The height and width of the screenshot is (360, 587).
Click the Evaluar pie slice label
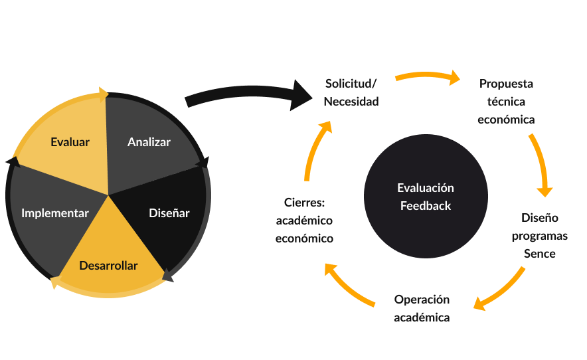(70, 142)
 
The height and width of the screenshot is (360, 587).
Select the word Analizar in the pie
(149, 142)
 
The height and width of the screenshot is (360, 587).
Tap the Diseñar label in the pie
(169, 213)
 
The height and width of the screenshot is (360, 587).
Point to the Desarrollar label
(108, 266)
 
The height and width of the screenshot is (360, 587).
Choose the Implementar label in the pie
(55, 213)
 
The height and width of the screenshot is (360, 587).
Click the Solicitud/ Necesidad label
(351, 93)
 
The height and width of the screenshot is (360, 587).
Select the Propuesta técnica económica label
(507, 102)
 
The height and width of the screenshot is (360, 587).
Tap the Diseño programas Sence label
(540, 236)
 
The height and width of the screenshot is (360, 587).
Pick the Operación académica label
(422, 308)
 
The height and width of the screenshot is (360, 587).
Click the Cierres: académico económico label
(305, 220)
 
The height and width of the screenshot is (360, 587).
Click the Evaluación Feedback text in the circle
(426, 197)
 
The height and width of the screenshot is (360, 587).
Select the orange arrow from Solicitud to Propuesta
(428, 76)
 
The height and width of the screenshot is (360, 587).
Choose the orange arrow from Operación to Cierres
(349, 286)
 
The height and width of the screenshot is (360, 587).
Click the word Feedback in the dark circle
(426, 206)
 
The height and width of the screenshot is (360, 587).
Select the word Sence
(540, 254)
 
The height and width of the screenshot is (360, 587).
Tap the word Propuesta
(507, 84)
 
